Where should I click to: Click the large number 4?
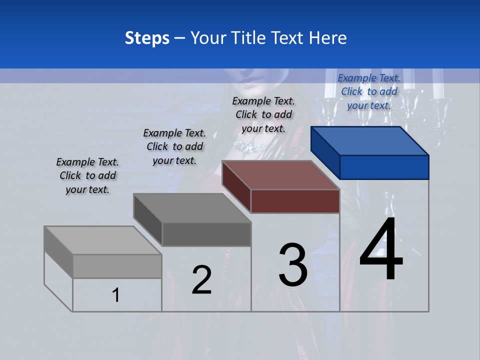[381, 250]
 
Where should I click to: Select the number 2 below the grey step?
[201, 280]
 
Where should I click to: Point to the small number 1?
[116, 295]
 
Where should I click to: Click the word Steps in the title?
[147, 38]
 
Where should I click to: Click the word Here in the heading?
[328, 38]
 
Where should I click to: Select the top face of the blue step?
[370, 141]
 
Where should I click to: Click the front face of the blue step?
[384, 167]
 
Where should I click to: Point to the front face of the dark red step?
[295, 201]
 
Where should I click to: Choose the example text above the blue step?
[369, 91]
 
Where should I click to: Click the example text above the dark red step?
[263, 114]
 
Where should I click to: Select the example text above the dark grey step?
[174, 146]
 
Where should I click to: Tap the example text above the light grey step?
[87, 175]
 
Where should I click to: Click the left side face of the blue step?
[325, 152]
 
